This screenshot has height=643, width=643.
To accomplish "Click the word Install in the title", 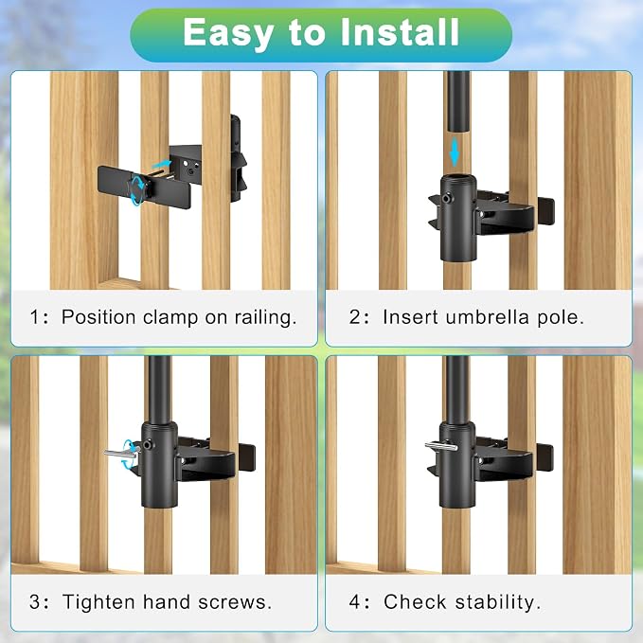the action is click(400, 32).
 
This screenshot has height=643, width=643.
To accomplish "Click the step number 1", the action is click(35, 317).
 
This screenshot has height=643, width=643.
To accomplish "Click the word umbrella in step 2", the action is click(487, 317).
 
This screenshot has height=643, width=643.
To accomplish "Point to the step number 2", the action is click(354, 317).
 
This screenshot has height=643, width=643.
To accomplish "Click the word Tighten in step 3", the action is click(98, 603).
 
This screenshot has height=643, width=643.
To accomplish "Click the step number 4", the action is click(354, 602).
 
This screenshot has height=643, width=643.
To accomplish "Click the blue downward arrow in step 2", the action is click(455, 152).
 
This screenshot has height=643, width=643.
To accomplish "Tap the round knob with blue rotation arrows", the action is click(137, 188).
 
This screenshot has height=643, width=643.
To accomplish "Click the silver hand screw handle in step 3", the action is click(121, 453).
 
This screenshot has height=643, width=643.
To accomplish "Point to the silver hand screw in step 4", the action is click(441, 446).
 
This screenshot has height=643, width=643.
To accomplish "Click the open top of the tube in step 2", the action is click(458, 179).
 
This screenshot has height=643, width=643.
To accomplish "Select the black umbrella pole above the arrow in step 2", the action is click(458, 101).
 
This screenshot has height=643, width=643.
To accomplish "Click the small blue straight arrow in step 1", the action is click(161, 164).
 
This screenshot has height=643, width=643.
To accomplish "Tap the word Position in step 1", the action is click(98, 318).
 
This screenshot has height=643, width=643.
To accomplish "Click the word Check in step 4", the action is click(415, 602).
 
